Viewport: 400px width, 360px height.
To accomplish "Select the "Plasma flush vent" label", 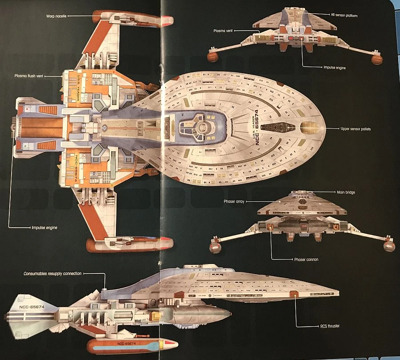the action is pos(30,76).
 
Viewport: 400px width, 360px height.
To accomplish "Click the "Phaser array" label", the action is pos(232,201).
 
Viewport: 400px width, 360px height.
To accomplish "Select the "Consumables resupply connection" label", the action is pos(52,274).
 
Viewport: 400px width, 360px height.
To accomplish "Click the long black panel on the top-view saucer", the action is pos(278,128).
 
